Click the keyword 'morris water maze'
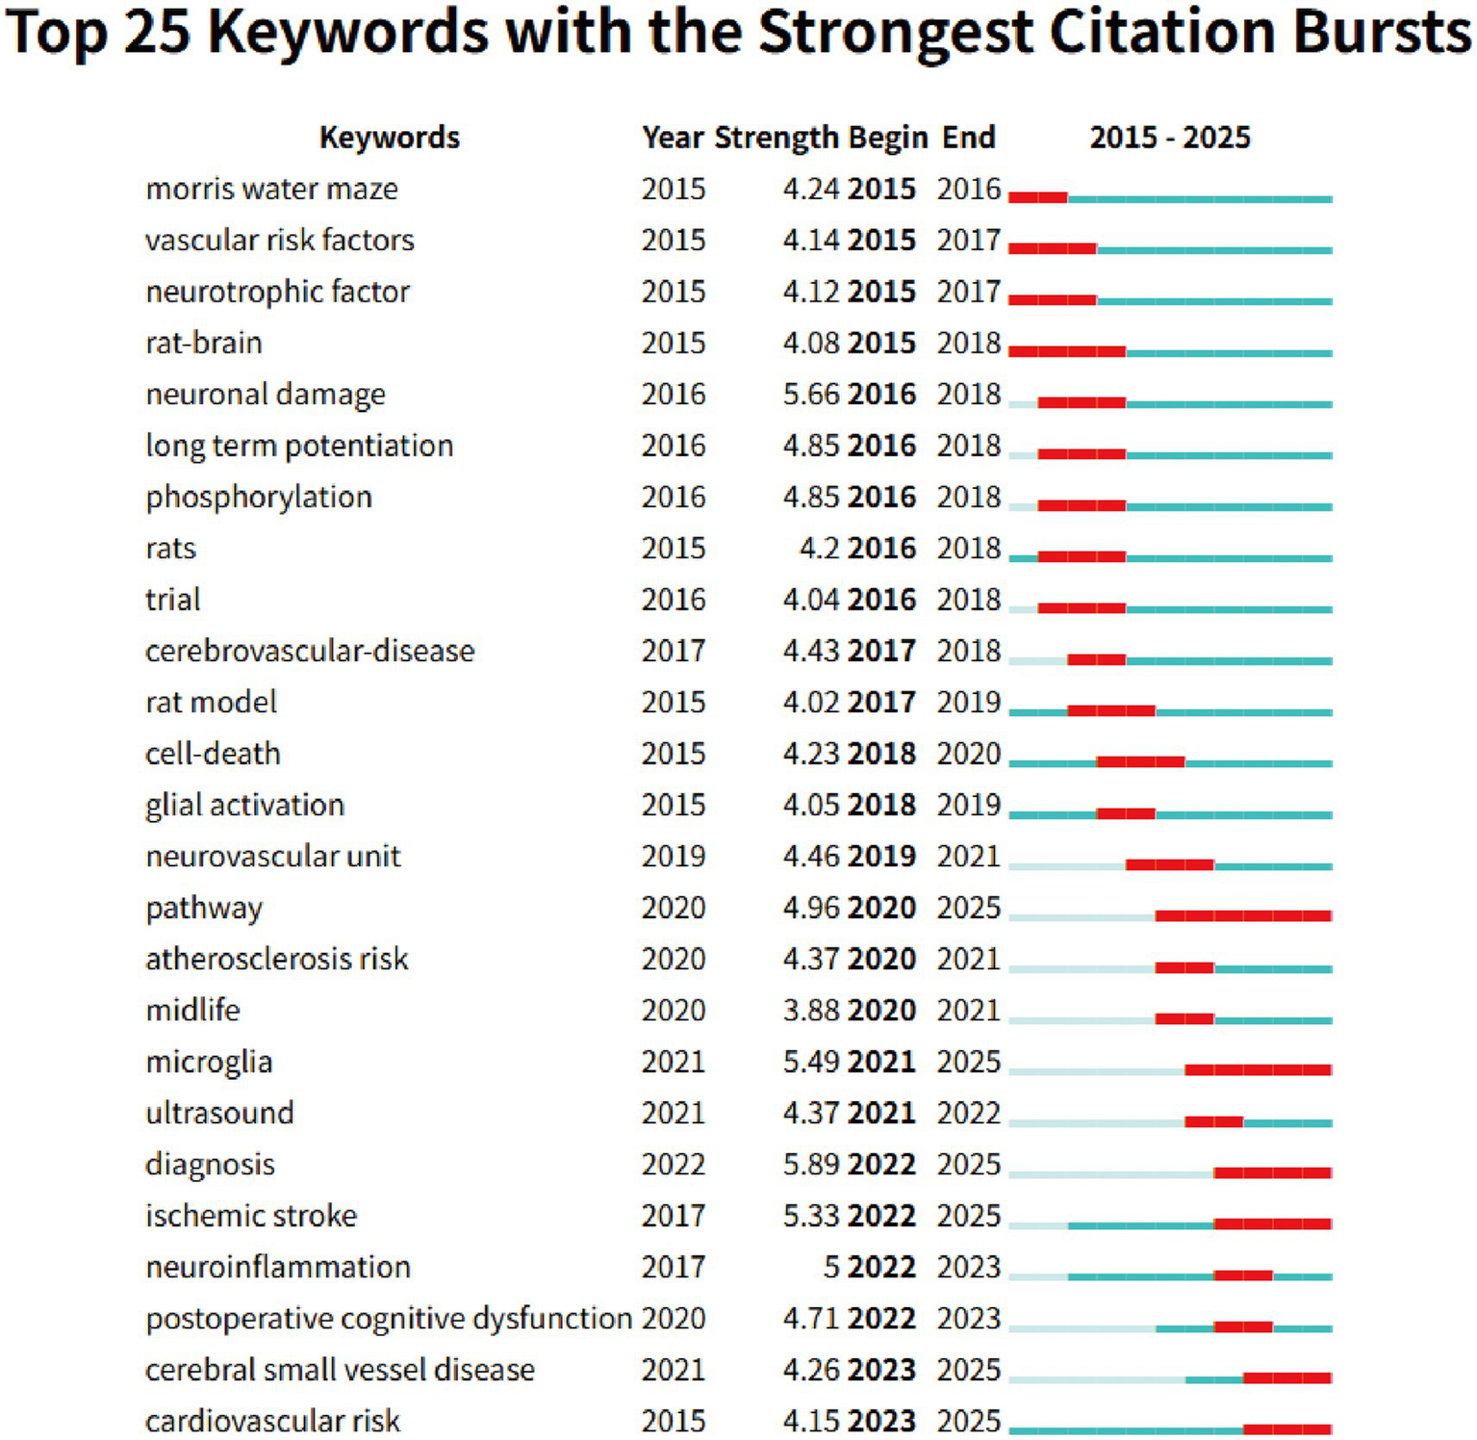(271, 189)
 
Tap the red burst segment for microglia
(1258, 1069)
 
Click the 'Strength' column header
(777, 138)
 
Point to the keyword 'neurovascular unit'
(272, 857)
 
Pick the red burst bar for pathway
(1243, 915)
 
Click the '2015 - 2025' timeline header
(1169, 138)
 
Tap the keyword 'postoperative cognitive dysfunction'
(388, 1319)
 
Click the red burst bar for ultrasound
(1213, 1121)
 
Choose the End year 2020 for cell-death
(969, 754)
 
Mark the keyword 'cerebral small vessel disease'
(340, 1370)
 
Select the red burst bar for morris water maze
(1038, 198)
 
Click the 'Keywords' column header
(389, 138)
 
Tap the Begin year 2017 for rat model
(881, 703)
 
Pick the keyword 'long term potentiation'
(299, 446)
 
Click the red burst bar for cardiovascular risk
(1287, 1429)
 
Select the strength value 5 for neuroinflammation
(831, 1268)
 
